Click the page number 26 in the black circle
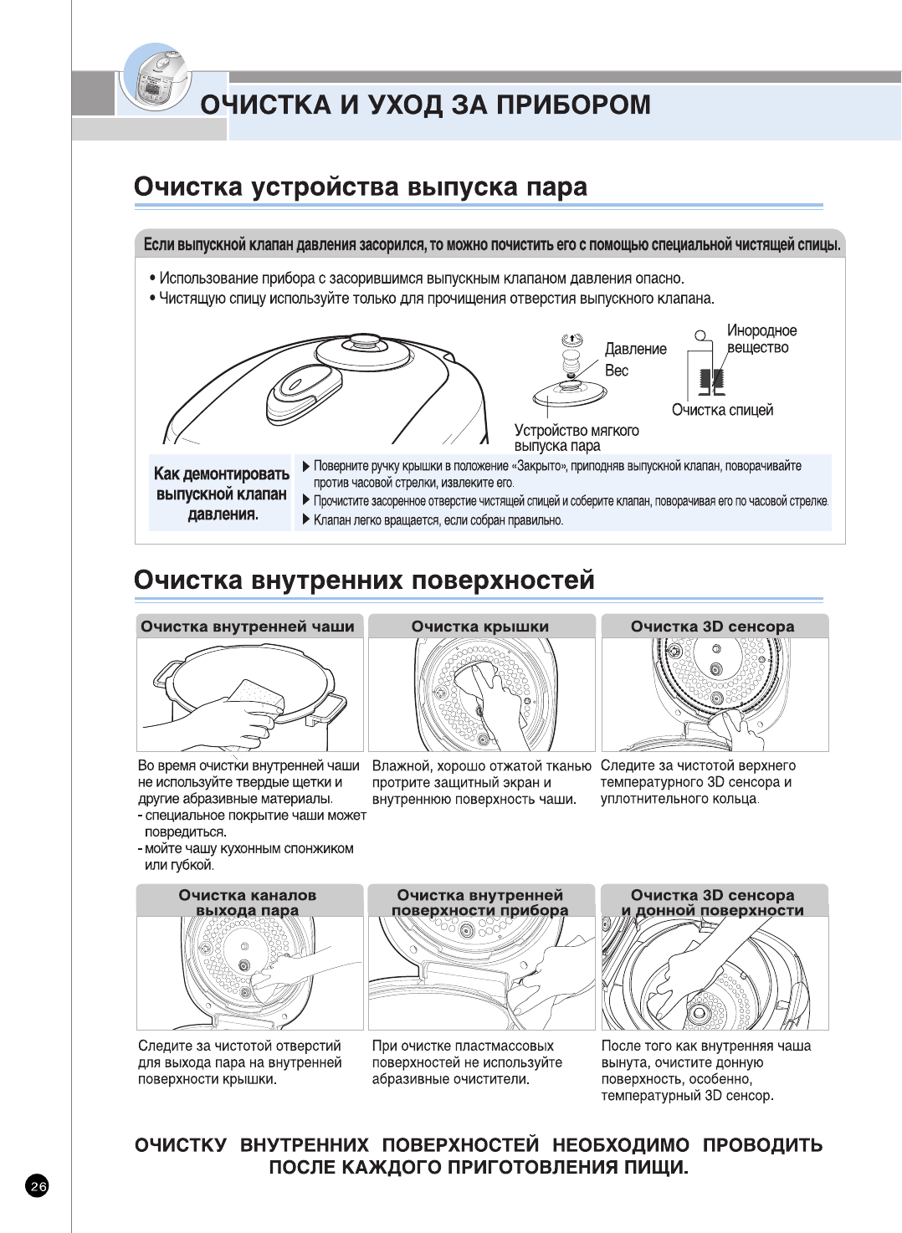38,1185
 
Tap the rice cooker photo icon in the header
156,79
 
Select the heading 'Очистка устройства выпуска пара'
361,187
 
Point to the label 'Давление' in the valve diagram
636,349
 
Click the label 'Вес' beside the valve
617,371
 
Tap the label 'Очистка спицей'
722,410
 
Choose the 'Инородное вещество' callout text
761,339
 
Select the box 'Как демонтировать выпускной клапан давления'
221,494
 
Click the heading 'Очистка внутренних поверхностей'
364,580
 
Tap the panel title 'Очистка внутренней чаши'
248,627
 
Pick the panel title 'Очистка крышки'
480,627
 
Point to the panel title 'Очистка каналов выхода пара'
248,902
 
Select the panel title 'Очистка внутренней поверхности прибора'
480,902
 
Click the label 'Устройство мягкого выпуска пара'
576,437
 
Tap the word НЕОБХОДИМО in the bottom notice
621,1145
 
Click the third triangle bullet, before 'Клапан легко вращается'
306,519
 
